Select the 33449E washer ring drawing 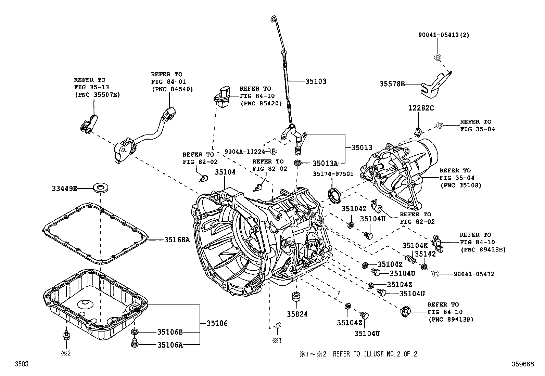coord(100,188)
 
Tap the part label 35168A coord(177,240)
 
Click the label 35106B coord(170,332)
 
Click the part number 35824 coord(297,314)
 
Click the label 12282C coord(421,108)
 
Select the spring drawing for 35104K coord(410,259)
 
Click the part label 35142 coord(425,254)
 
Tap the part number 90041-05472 coord(474,274)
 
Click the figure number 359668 coord(523,364)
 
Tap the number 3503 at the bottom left coord(21,364)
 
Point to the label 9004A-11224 coord(245,151)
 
